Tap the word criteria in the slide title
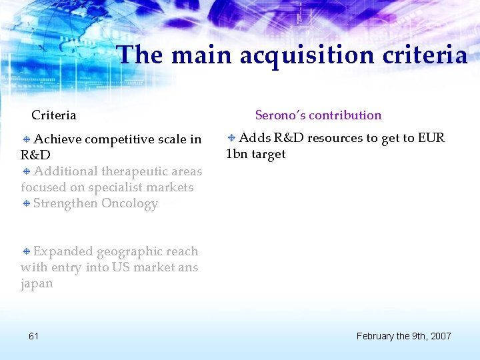pyautogui.click(x=425, y=55)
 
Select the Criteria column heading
pyautogui.click(x=54, y=115)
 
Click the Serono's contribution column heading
pyautogui.click(x=318, y=115)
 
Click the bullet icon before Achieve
pyautogui.click(x=26, y=139)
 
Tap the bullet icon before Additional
pyautogui.click(x=26, y=171)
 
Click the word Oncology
pyautogui.click(x=129, y=203)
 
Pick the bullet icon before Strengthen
pyautogui.click(x=26, y=203)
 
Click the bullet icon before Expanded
pyautogui.click(x=26, y=251)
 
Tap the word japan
pyautogui.click(x=37, y=283)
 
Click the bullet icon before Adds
pyautogui.click(x=231, y=138)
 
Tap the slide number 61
pyautogui.click(x=33, y=336)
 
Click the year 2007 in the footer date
pyautogui.click(x=441, y=336)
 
